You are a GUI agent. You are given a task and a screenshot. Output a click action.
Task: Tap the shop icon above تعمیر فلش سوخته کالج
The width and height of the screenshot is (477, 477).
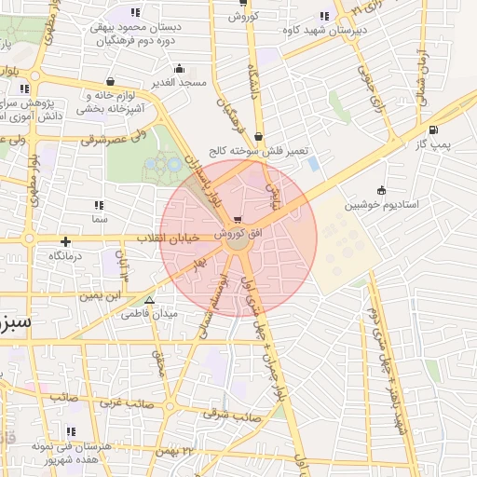[x=259, y=136]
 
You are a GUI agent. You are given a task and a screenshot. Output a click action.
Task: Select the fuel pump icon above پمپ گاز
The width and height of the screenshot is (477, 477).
[x=433, y=129]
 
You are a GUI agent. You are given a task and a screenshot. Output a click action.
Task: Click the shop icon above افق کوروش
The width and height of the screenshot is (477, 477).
[x=245, y=217]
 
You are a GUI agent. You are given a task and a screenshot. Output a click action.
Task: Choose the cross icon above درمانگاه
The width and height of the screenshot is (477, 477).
[x=65, y=241]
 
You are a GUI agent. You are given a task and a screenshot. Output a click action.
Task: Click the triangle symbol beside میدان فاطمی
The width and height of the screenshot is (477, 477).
[x=149, y=300]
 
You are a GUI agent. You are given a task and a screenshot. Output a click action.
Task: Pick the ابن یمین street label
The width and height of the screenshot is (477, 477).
[x=100, y=295]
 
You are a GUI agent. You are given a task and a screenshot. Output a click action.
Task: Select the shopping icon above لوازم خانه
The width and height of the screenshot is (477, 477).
[x=112, y=81]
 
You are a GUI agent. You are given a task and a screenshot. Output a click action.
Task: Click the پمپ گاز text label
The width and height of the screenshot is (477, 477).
[x=432, y=144]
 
